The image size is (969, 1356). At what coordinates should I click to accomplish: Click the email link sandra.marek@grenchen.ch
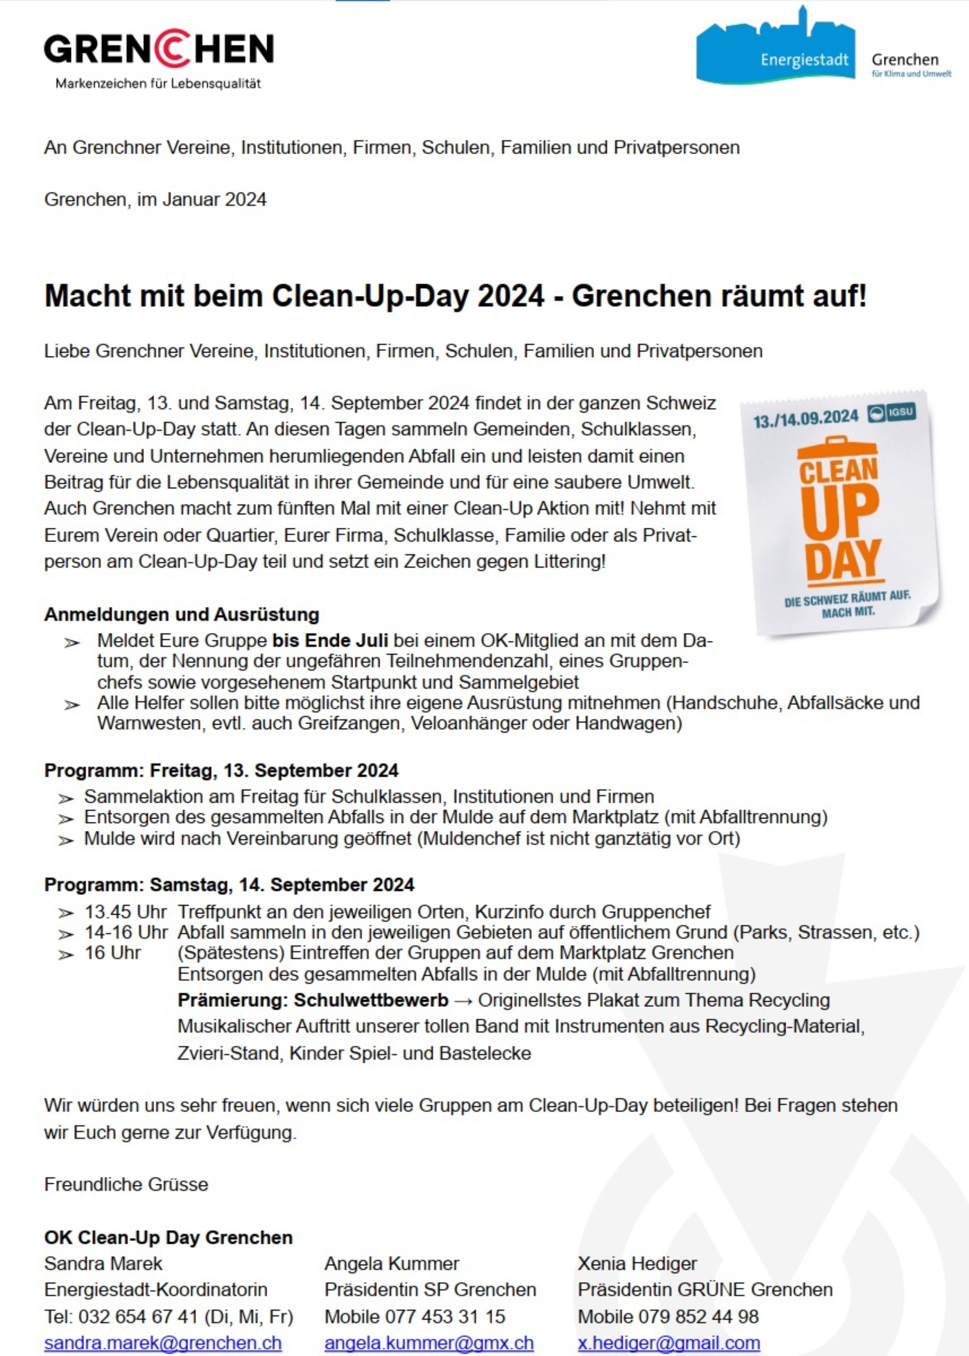(163, 1342)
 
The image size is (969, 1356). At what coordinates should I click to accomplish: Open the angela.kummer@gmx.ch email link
(429, 1342)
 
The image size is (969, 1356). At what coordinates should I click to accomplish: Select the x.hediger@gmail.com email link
(669, 1342)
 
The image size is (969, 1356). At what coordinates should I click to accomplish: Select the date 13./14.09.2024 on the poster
(805, 419)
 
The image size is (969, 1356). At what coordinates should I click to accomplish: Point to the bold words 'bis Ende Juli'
(330, 641)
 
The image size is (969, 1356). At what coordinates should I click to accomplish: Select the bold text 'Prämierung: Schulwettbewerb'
(313, 1001)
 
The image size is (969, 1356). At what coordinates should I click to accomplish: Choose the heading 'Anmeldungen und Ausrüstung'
(182, 614)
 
